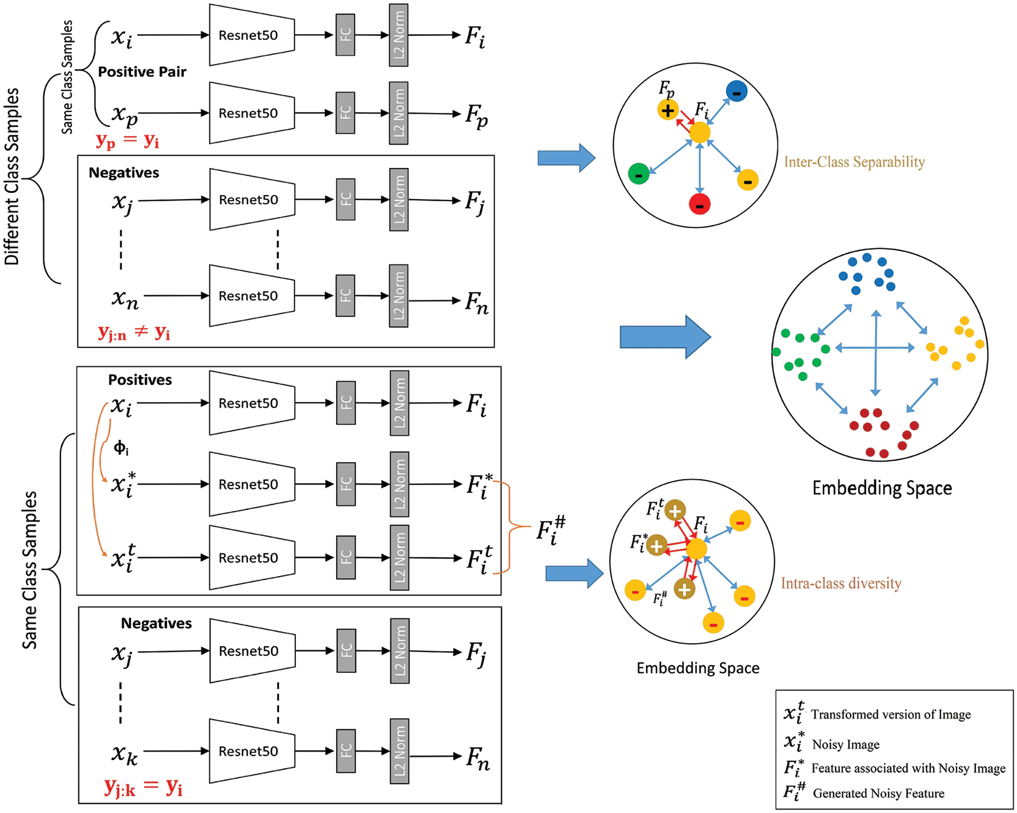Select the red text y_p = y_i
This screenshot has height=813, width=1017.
[127, 141]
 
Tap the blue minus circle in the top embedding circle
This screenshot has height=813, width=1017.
[736, 92]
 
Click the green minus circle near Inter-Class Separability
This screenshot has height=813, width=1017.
[638, 174]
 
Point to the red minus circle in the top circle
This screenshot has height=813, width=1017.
[700, 204]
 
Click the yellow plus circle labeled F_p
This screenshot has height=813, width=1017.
[668, 110]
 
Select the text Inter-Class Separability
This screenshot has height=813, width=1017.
[854, 162]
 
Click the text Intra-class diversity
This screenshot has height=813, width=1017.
[841, 583]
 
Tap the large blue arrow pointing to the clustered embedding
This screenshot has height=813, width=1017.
[665, 337]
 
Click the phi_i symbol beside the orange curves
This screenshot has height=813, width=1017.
[121, 448]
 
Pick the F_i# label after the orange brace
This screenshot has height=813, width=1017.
[551, 530]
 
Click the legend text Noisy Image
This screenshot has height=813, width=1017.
[845, 745]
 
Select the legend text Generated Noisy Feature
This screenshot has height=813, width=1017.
[878, 794]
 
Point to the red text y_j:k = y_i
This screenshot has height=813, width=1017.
[143, 786]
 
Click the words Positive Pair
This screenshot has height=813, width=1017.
[142, 72]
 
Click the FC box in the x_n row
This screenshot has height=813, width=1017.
[345, 295]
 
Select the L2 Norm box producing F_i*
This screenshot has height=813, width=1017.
[399, 484]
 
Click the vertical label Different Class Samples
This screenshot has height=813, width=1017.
[12, 177]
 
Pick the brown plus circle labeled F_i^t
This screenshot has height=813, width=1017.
[675, 510]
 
